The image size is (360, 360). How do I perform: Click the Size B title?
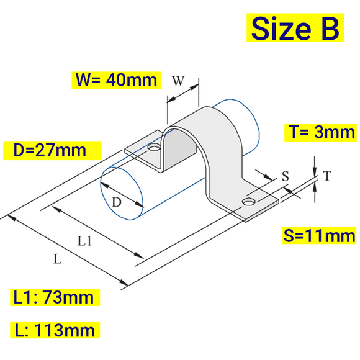coord(295,28)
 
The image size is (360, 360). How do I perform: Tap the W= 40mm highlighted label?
coord(115,80)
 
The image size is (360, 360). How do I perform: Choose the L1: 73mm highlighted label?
coord(54,297)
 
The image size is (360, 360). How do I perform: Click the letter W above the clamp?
coord(178,81)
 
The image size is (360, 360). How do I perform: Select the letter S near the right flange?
coord(286,176)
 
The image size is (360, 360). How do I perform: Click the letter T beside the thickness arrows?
coord(326,177)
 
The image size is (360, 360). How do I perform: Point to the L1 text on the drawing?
coord(85,241)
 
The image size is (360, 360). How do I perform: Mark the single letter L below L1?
coord(57,260)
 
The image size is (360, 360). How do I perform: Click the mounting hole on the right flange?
coord(249,202)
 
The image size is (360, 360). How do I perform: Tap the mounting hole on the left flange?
coord(153,149)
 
